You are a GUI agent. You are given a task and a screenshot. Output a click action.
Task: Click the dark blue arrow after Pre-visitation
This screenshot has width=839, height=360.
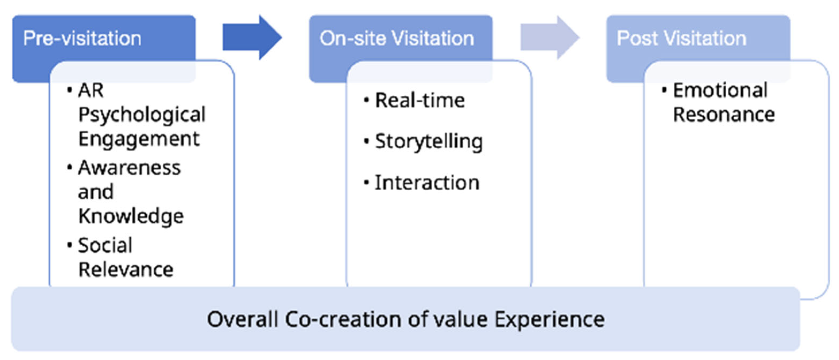click(x=251, y=37)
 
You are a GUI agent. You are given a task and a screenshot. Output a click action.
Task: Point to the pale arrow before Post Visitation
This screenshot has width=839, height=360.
click(x=549, y=37)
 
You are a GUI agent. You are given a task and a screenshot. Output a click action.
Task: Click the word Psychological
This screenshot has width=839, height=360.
click(x=142, y=115)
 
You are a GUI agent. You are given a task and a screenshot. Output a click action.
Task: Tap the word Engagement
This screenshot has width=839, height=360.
click(x=139, y=139)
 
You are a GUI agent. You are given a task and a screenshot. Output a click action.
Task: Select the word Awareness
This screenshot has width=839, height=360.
click(x=129, y=168)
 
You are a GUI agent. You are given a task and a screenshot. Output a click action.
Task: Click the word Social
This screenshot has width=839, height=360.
click(x=105, y=245)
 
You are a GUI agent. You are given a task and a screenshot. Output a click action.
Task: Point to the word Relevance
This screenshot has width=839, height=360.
click(x=126, y=270)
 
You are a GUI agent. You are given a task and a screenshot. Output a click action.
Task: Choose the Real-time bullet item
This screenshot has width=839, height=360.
click(x=420, y=100)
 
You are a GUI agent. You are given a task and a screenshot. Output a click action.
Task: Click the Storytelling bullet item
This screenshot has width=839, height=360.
click(x=429, y=142)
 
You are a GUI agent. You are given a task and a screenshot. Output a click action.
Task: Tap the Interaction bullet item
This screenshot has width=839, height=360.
click(x=427, y=182)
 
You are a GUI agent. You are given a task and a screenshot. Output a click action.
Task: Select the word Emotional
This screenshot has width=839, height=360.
click(x=720, y=90)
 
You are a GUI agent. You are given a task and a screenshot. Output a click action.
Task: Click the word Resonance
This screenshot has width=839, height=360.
click(x=724, y=115)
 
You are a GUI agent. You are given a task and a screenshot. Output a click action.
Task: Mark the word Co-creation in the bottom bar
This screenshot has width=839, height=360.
click(x=343, y=319)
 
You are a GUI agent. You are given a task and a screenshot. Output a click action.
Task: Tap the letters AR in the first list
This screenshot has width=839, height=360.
click(x=90, y=90)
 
